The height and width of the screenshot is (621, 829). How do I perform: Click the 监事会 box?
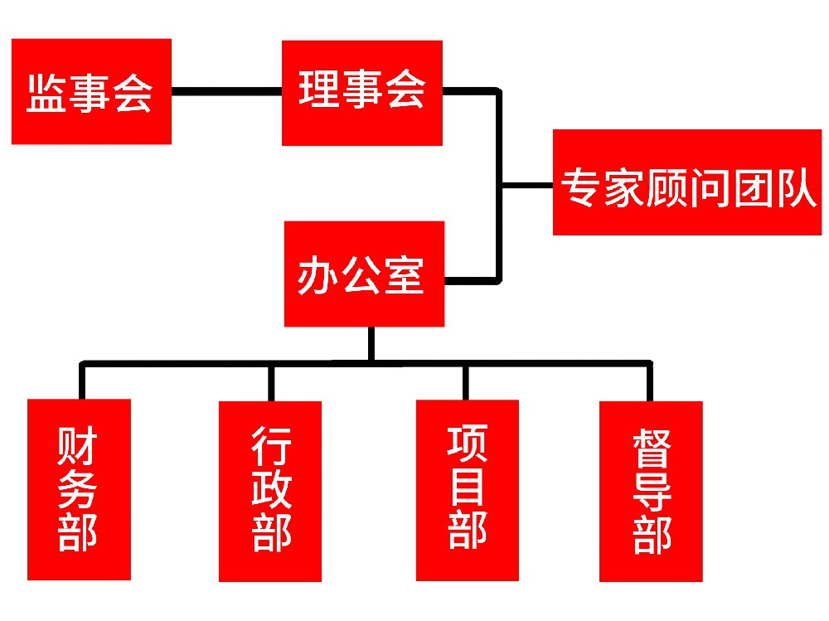(91, 91)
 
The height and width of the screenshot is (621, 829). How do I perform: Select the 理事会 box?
(361, 93)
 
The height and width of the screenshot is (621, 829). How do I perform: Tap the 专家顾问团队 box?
(687, 182)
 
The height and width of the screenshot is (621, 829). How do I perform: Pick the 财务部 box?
(79, 489)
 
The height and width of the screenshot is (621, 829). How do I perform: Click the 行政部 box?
(270, 492)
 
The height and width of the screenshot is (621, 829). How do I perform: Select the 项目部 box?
(467, 490)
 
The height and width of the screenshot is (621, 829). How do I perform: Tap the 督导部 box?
(651, 491)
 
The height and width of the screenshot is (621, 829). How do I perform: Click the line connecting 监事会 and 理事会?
(226, 91)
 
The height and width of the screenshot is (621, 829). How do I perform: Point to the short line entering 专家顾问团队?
(527, 184)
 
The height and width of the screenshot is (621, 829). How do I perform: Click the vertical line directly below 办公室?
(371, 343)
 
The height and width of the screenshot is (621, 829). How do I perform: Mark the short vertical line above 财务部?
(81, 381)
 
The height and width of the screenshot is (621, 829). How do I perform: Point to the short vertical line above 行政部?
(270, 381)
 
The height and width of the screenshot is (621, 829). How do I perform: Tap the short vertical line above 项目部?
(465, 381)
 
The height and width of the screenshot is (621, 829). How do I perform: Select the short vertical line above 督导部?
(649, 381)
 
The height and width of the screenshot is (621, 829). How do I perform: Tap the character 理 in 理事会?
(319, 90)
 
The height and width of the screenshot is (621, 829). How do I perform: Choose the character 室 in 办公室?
(404, 274)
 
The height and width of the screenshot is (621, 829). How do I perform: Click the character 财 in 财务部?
(78, 448)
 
